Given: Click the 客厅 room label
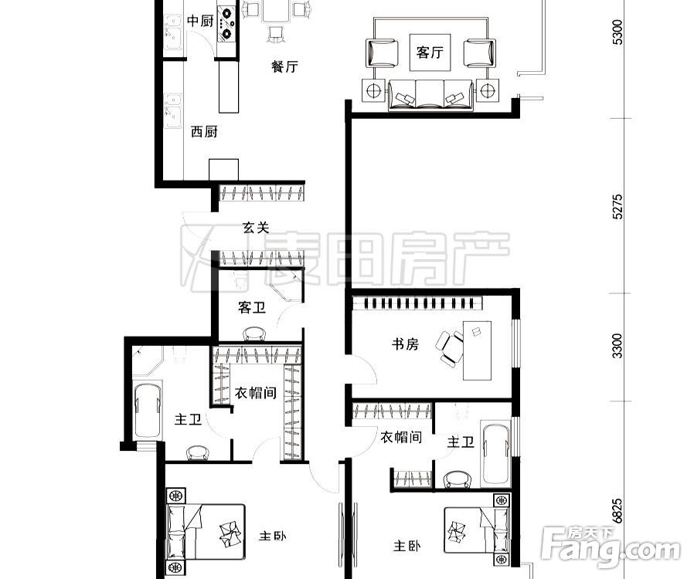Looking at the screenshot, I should click(430, 52).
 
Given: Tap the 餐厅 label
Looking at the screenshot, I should click(284, 67).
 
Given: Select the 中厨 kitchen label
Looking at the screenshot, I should click(200, 21).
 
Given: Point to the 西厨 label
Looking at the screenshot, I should click(204, 131).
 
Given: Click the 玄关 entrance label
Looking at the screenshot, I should click(256, 228).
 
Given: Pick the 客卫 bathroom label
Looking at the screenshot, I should click(251, 308).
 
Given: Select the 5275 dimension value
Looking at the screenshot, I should click(616, 206).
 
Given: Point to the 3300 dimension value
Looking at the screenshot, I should click(616, 347).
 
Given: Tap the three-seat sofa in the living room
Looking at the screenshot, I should click(430, 93).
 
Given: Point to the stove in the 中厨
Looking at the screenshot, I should click(227, 22).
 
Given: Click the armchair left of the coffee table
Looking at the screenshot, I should click(382, 52).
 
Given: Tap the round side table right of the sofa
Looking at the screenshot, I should click(488, 90).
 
